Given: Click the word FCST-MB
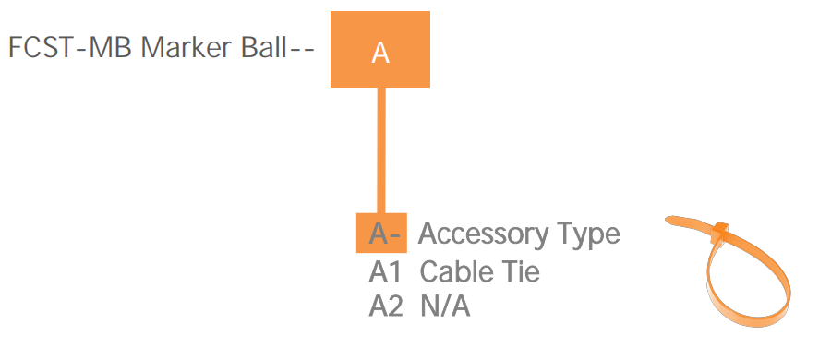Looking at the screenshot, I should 70,48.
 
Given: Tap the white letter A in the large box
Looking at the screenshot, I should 380,54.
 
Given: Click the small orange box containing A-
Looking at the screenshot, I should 382,234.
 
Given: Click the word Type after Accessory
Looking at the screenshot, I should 586,234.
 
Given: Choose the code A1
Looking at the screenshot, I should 386,272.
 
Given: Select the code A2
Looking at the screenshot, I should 386,306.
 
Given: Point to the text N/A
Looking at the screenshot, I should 444,306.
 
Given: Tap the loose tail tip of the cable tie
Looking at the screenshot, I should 671,220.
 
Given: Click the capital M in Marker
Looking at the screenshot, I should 152,48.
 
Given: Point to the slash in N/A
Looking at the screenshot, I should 444,306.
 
